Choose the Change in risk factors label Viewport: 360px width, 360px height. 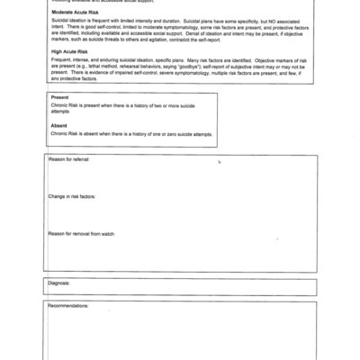75,195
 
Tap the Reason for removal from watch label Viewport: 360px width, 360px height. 85,232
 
